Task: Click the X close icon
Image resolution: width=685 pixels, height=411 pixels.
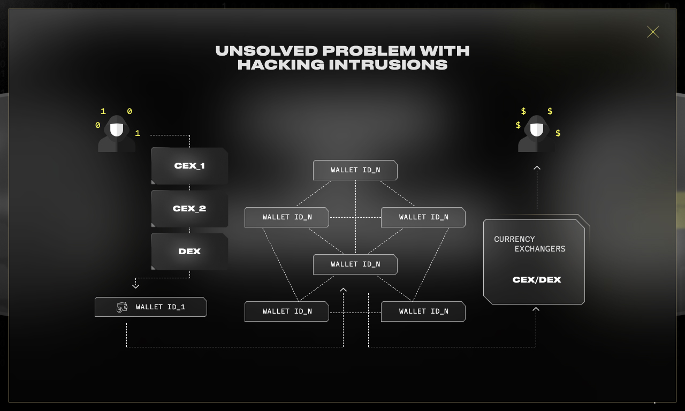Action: (653, 32)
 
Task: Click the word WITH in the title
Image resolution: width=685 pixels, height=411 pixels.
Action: (444, 51)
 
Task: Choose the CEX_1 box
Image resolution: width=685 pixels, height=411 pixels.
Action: (189, 166)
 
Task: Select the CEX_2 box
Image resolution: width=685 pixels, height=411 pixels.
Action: (189, 209)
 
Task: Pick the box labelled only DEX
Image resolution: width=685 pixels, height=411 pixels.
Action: (189, 252)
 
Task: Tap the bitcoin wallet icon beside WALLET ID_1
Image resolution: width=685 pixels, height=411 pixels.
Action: (122, 307)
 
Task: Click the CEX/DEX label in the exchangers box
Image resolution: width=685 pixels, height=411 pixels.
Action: (537, 280)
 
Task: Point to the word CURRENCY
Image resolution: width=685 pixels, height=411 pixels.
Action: (514, 239)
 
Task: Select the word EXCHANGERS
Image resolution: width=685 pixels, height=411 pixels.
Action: (540, 249)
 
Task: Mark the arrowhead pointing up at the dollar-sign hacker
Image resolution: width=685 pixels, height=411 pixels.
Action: (537, 168)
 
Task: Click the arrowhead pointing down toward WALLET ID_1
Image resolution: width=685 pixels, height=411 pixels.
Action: (135, 286)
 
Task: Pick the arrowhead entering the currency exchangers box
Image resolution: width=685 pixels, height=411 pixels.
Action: (536, 309)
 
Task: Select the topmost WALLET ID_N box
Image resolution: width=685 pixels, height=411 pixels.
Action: (355, 170)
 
